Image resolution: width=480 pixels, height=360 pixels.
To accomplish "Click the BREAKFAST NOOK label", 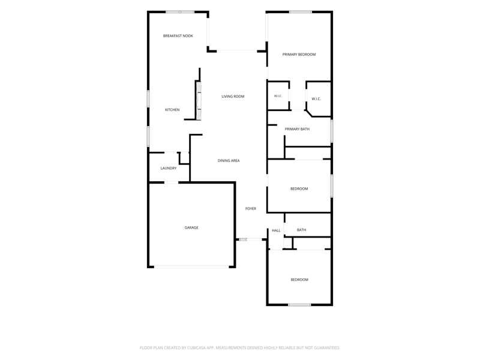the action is pos(178,36).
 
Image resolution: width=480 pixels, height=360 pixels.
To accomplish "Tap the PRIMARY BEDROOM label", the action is pos(299,55).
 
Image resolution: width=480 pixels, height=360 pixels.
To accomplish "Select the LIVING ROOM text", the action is pos(233,97).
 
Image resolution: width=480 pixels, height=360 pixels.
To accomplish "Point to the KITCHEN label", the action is pos(172,110).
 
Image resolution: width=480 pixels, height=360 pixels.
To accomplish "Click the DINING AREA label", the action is pos(229,160).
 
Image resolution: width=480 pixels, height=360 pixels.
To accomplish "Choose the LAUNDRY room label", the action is pos(169,168).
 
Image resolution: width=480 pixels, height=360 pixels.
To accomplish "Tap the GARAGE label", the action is pos(191,227).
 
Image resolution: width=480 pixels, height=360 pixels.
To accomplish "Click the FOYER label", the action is pos(251,208).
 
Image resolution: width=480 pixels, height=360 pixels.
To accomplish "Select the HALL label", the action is pos(276,230).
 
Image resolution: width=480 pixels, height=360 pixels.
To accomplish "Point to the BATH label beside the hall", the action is pos(302,230).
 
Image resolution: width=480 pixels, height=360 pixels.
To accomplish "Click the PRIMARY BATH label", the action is pos(297,129).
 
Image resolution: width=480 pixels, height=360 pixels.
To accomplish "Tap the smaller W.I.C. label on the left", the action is pos(278,96).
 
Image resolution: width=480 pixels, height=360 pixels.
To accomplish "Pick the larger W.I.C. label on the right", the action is pos(316,99).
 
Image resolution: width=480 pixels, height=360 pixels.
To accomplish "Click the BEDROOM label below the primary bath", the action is pos(299,188).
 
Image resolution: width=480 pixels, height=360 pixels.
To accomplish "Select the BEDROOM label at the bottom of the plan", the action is pos(299,280).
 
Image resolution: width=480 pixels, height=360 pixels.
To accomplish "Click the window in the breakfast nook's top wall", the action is pos(180,12).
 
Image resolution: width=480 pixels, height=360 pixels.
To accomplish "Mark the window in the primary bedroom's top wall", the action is pos(301,12).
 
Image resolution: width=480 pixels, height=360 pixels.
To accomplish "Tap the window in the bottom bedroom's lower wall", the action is pos(299,305).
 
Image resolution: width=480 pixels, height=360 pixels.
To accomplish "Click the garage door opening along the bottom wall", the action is pos(191,267).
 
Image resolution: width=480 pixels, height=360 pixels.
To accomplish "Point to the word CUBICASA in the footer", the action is pos(197,348).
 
